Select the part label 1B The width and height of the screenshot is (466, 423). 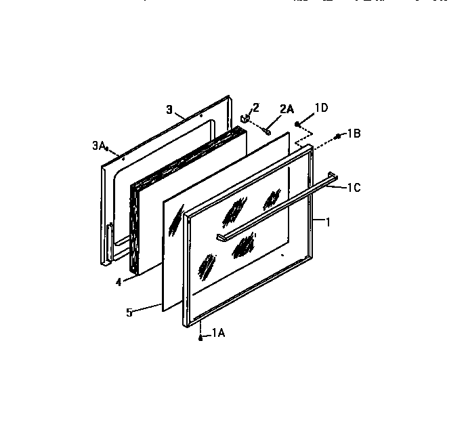354,134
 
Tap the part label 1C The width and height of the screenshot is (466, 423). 353,188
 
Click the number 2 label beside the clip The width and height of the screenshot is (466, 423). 255,107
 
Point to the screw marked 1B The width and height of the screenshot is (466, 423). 337,137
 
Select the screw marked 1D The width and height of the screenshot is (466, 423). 297,123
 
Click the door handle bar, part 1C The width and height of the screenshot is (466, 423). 278,203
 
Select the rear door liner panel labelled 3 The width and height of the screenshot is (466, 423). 112,203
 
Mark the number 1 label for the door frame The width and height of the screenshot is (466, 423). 328,221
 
